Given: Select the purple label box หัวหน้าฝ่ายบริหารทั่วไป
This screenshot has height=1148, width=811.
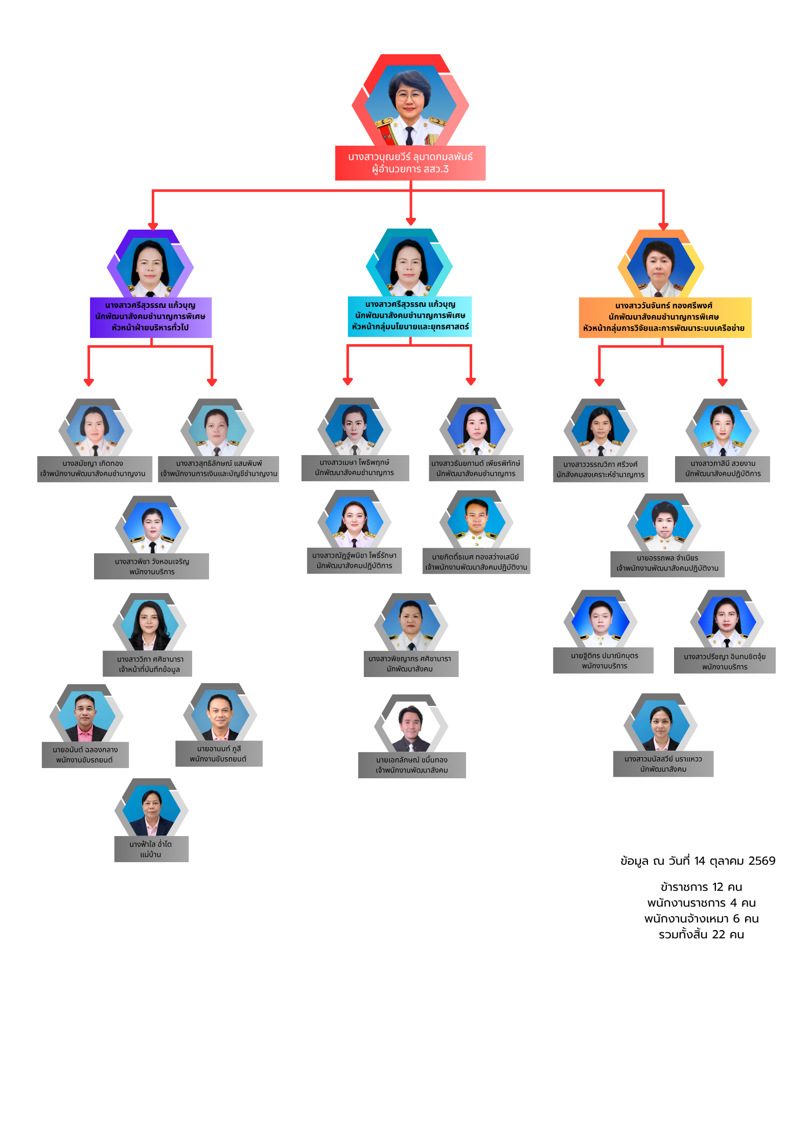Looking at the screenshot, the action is click(151, 317).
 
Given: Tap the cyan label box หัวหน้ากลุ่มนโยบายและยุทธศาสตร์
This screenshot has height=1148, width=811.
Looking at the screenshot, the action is click(410, 316).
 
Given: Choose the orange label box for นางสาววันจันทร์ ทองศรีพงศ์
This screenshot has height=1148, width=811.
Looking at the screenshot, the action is click(665, 317).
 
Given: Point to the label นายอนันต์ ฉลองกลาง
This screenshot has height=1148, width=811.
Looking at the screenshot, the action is click(85, 755).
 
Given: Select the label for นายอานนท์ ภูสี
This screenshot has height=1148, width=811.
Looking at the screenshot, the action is click(219, 754).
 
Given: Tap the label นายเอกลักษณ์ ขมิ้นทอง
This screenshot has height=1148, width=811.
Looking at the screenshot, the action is click(412, 765).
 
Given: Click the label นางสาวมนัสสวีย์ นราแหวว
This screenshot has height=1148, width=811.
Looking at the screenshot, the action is click(663, 764).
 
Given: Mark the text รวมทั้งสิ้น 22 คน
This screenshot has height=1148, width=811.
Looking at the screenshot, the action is click(701, 934).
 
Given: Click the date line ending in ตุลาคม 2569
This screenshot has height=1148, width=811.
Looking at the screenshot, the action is click(698, 861).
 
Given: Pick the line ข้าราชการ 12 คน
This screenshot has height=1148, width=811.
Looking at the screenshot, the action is click(701, 887).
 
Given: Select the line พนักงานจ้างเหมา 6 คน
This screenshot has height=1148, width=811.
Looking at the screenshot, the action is click(701, 918).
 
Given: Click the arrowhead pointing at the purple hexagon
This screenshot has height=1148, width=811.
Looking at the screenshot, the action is click(153, 226).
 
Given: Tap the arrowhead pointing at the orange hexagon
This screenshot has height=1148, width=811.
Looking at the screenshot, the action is click(663, 226).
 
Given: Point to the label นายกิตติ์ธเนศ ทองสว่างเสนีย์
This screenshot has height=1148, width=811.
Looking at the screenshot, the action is click(476, 561).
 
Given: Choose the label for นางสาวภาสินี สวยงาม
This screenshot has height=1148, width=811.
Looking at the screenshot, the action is click(723, 469).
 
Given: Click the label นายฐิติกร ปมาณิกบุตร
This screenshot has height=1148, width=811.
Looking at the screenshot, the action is click(604, 661).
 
